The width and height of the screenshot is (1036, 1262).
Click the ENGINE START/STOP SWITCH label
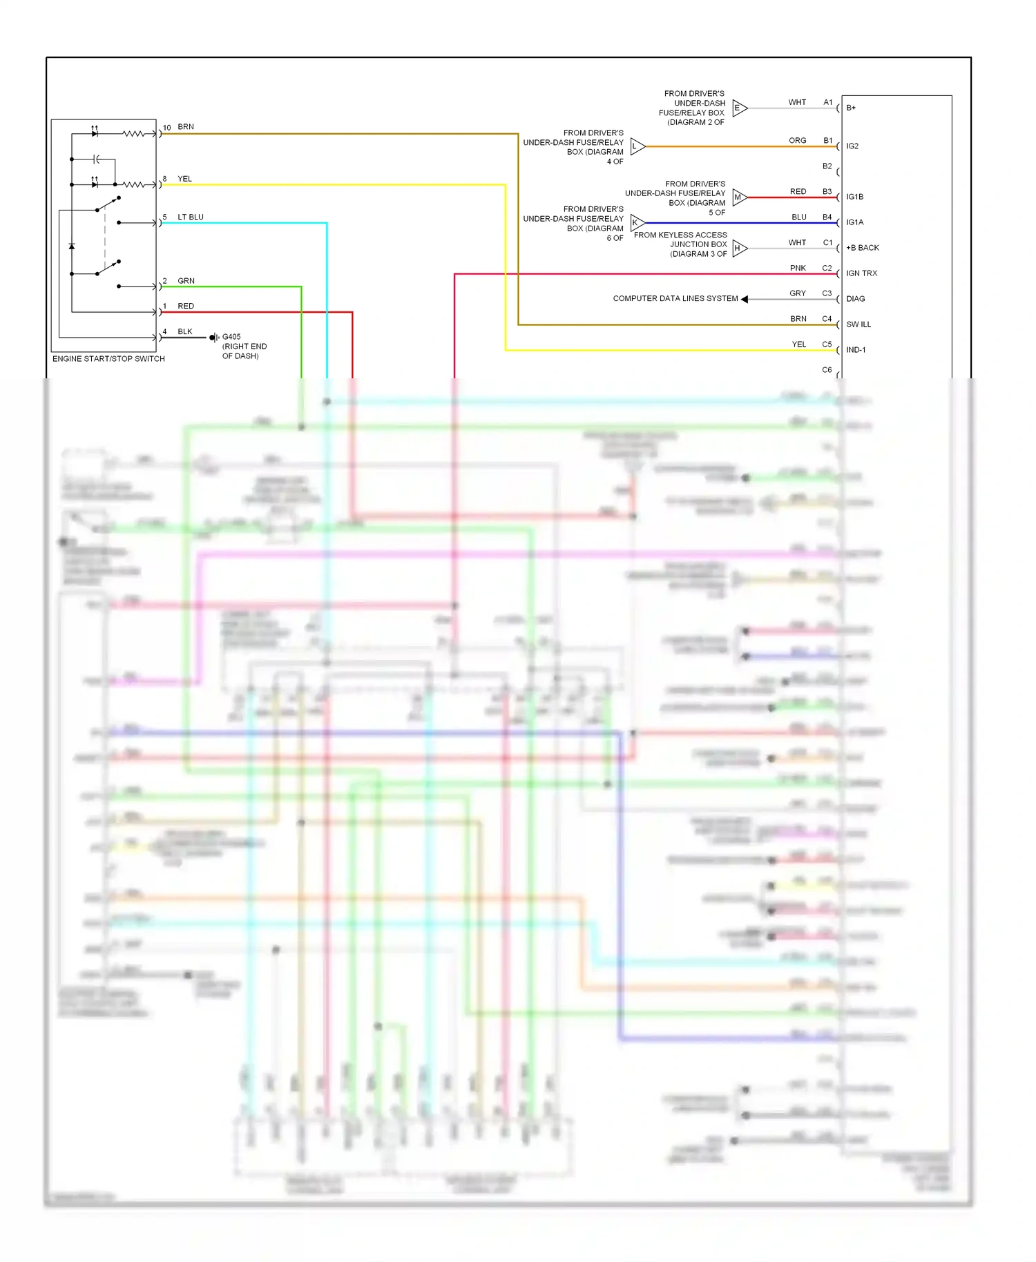pos(108,359)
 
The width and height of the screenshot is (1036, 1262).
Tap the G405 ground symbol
pos(213,338)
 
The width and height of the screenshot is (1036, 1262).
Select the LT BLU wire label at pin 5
pos(191,217)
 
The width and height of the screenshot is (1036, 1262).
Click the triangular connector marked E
pos(739,108)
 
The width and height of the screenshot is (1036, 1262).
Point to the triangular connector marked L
pos(637,146)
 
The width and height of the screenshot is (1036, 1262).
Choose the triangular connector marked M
pos(739,197)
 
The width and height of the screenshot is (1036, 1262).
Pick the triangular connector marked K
pos(637,223)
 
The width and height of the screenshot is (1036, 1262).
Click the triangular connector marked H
pos(739,249)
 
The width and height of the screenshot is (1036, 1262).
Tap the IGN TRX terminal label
pos(861,273)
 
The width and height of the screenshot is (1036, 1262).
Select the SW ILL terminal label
pos(858,324)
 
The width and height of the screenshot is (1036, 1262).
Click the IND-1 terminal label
pos(856,350)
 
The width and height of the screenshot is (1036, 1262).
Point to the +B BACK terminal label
pos(862,248)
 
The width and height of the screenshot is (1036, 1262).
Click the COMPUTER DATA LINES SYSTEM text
pos(675,299)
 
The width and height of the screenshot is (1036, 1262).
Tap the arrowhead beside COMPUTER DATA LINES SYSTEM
pos(745,299)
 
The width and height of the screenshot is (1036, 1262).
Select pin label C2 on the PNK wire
pos(827,268)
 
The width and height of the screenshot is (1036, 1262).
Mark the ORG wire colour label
pos(797,141)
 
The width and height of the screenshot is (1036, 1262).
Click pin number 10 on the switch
pos(166,128)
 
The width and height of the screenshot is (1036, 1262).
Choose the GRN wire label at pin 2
pos(186,281)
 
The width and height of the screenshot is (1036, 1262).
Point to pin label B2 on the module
pos(827,166)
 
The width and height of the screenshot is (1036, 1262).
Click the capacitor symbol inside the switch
pos(97,159)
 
